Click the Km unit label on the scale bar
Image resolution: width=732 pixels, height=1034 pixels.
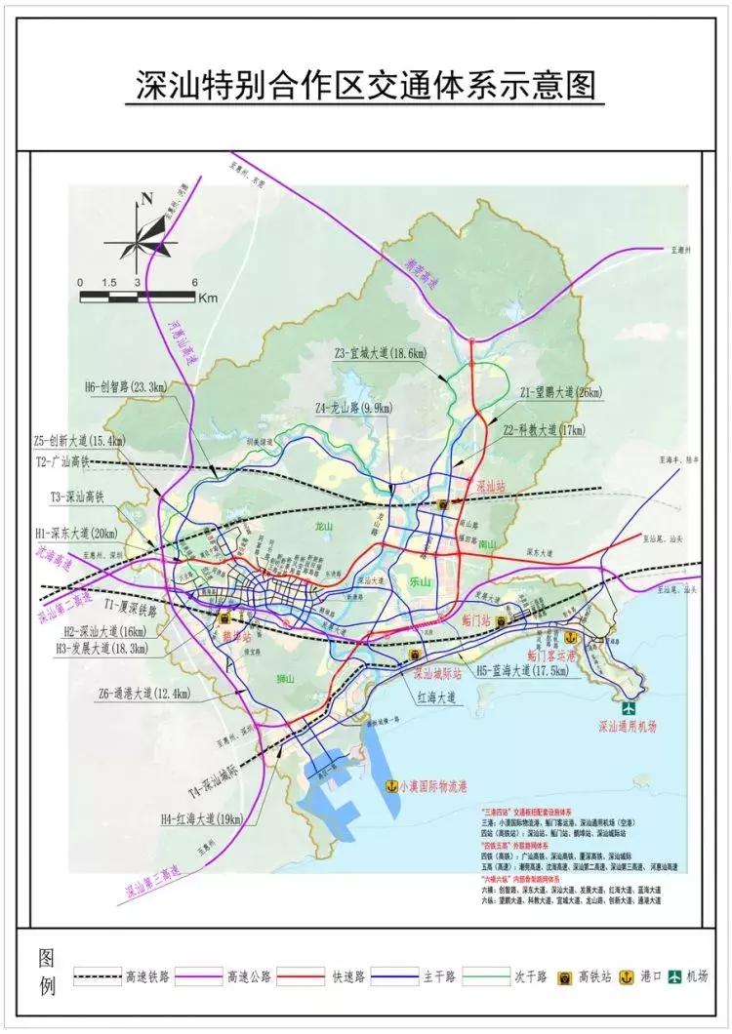point(207,298)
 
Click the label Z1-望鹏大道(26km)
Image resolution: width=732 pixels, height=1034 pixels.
point(561,393)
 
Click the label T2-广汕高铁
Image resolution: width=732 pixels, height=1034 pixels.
point(62,460)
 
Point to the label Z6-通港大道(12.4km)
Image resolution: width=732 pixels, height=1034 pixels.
point(143,695)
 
